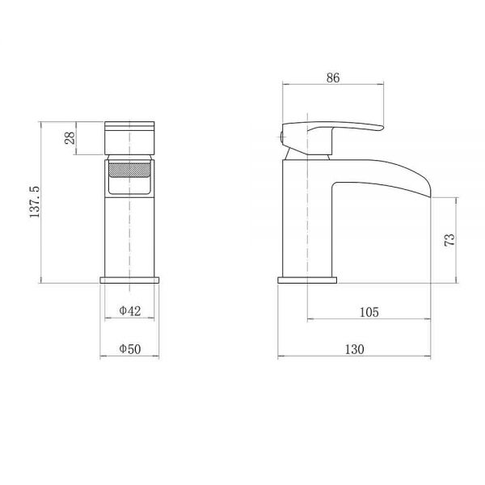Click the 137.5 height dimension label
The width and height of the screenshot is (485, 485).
(x=35, y=202)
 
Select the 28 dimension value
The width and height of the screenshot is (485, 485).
(x=70, y=138)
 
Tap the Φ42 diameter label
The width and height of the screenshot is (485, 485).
(x=130, y=310)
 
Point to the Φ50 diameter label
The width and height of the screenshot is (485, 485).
(x=130, y=349)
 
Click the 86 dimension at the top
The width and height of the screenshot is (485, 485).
(x=333, y=78)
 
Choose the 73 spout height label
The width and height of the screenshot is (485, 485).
(x=450, y=240)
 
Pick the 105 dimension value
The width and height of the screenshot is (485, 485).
(x=369, y=312)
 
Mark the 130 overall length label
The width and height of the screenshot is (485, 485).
(x=355, y=349)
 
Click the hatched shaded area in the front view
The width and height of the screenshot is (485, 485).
(x=130, y=170)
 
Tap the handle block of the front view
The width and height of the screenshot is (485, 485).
(x=129, y=138)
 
